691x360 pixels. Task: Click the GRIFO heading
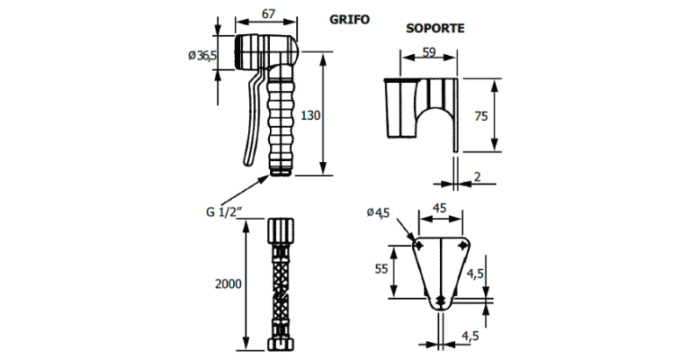point(349,19)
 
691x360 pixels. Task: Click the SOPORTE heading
point(435,28)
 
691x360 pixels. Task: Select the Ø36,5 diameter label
point(202,56)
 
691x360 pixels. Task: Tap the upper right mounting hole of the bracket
point(462,245)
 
